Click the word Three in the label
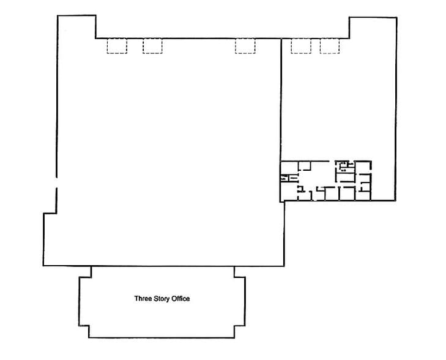(x=142, y=299)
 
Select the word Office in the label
(x=181, y=299)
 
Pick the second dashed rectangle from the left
(x=152, y=47)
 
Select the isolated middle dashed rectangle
(x=245, y=47)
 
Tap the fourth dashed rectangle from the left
(x=301, y=47)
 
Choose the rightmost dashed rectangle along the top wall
(x=330, y=47)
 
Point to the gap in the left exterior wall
(x=56, y=182)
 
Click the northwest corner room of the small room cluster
(x=289, y=167)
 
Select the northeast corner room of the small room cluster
(x=364, y=167)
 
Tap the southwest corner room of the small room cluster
(x=289, y=192)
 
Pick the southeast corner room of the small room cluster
(x=365, y=192)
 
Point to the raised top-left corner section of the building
(x=76, y=28)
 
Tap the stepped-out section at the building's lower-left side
(x=50, y=239)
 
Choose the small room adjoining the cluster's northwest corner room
(x=305, y=165)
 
